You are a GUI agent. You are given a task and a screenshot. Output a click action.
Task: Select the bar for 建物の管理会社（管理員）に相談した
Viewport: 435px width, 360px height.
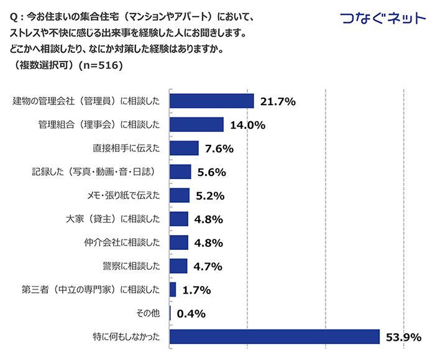211,101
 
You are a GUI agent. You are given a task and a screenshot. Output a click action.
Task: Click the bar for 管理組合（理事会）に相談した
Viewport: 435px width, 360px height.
196,124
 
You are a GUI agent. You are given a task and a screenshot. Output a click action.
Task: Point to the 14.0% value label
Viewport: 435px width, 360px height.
247,125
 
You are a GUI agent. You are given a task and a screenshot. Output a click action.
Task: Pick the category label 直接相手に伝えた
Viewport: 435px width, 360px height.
126,148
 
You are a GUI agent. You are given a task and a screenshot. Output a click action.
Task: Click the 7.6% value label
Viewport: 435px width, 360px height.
219,149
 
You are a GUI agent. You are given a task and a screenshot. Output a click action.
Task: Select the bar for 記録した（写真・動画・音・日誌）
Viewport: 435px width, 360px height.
180,172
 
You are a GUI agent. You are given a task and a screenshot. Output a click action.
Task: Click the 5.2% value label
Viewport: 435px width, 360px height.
209,196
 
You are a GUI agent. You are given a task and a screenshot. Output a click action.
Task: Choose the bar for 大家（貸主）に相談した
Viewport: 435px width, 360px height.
179,219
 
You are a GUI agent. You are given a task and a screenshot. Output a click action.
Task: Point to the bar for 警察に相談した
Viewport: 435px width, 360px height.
178,266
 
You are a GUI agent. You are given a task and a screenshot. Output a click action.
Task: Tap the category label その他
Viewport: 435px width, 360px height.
147,313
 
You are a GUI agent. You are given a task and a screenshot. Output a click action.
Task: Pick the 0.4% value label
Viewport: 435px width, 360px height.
191,314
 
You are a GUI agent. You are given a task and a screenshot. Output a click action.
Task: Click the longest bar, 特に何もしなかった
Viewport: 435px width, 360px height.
274,336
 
